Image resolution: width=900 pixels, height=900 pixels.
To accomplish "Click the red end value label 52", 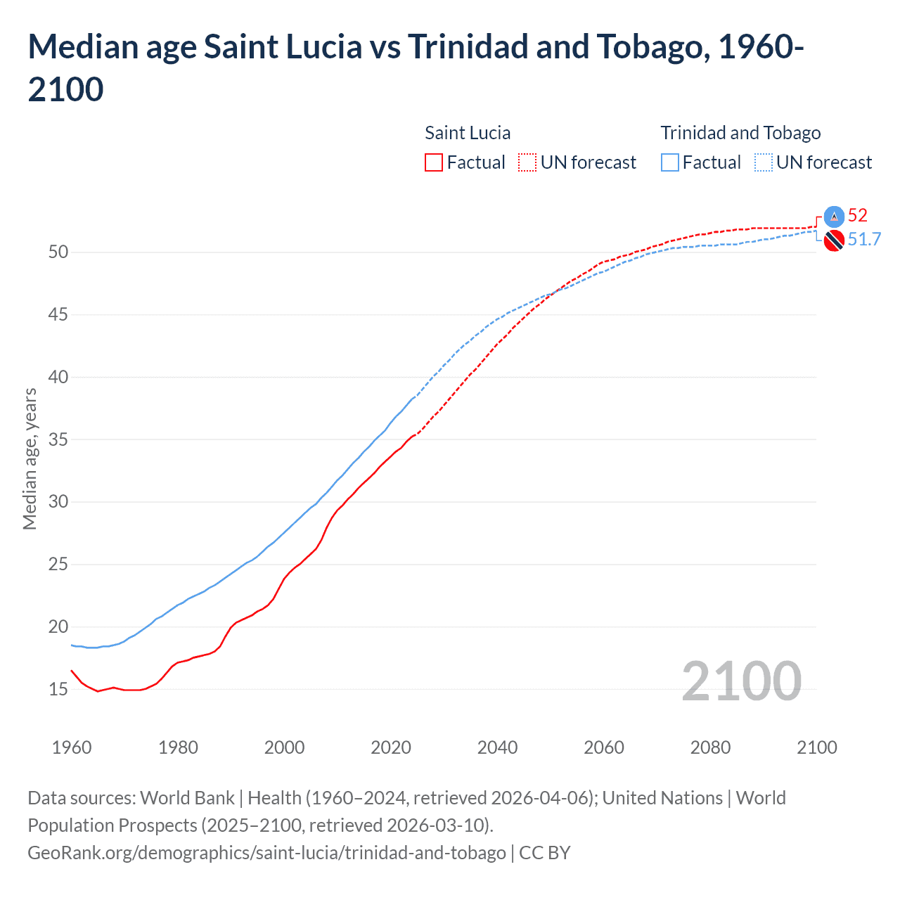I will click(857, 215).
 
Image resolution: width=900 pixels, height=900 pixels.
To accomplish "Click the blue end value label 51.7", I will click(864, 240).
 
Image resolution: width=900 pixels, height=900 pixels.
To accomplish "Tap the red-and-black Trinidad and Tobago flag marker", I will click(834, 240).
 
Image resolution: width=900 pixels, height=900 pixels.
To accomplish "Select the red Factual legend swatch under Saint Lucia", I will click(434, 163).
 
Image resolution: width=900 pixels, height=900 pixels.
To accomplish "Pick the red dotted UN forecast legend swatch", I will click(527, 163).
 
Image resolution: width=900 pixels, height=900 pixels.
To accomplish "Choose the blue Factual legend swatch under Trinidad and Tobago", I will click(670, 163).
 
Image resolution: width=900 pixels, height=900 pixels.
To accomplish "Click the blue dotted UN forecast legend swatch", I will click(764, 163).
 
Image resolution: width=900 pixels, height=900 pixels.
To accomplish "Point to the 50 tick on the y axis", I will click(58, 252).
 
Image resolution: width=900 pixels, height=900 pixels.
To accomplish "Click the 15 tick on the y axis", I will click(58, 689).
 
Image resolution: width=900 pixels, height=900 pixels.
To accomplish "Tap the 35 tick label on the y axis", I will click(58, 439).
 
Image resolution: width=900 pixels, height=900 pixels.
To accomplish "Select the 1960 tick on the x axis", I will click(72, 747).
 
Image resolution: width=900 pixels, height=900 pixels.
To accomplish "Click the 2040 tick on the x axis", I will click(497, 747).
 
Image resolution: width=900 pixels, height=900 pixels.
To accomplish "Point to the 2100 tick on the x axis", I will click(816, 747).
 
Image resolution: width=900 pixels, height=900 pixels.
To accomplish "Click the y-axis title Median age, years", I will click(30, 458).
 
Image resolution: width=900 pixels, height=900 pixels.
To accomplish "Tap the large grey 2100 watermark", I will click(741, 681).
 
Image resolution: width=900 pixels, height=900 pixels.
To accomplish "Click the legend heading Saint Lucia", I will click(468, 133).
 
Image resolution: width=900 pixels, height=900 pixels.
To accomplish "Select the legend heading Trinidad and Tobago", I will click(740, 133).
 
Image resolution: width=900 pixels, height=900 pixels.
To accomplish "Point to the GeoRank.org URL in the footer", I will click(266, 853).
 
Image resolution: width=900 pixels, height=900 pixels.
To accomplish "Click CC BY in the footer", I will click(545, 853).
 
